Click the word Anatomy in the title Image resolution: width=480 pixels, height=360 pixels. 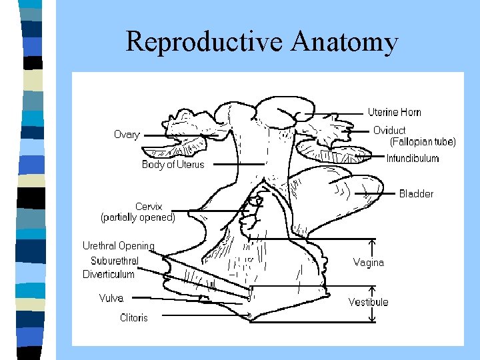[344, 41]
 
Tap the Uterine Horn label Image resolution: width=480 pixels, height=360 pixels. [394, 112]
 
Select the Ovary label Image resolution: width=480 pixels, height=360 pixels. [127, 135]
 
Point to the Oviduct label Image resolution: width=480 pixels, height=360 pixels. [389, 130]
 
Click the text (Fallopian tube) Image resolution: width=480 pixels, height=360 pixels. [423, 141]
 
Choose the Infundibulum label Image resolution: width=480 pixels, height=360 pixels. [413, 158]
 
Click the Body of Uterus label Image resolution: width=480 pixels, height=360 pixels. [173, 164]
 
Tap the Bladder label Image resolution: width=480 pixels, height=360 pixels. [416, 193]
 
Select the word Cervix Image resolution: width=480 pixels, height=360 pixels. [148, 207]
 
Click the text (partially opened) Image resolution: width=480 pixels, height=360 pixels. [138, 217]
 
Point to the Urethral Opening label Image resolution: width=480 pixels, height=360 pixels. [118, 246]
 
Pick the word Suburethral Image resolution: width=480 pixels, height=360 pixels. [115, 261]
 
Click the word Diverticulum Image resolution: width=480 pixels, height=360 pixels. [108, 274]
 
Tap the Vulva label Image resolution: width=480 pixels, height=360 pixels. [111, 298]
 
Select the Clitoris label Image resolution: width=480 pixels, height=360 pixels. [133, 317]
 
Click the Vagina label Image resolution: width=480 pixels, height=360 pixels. [369, 262]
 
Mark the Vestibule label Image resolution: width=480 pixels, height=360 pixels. [368, 302]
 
